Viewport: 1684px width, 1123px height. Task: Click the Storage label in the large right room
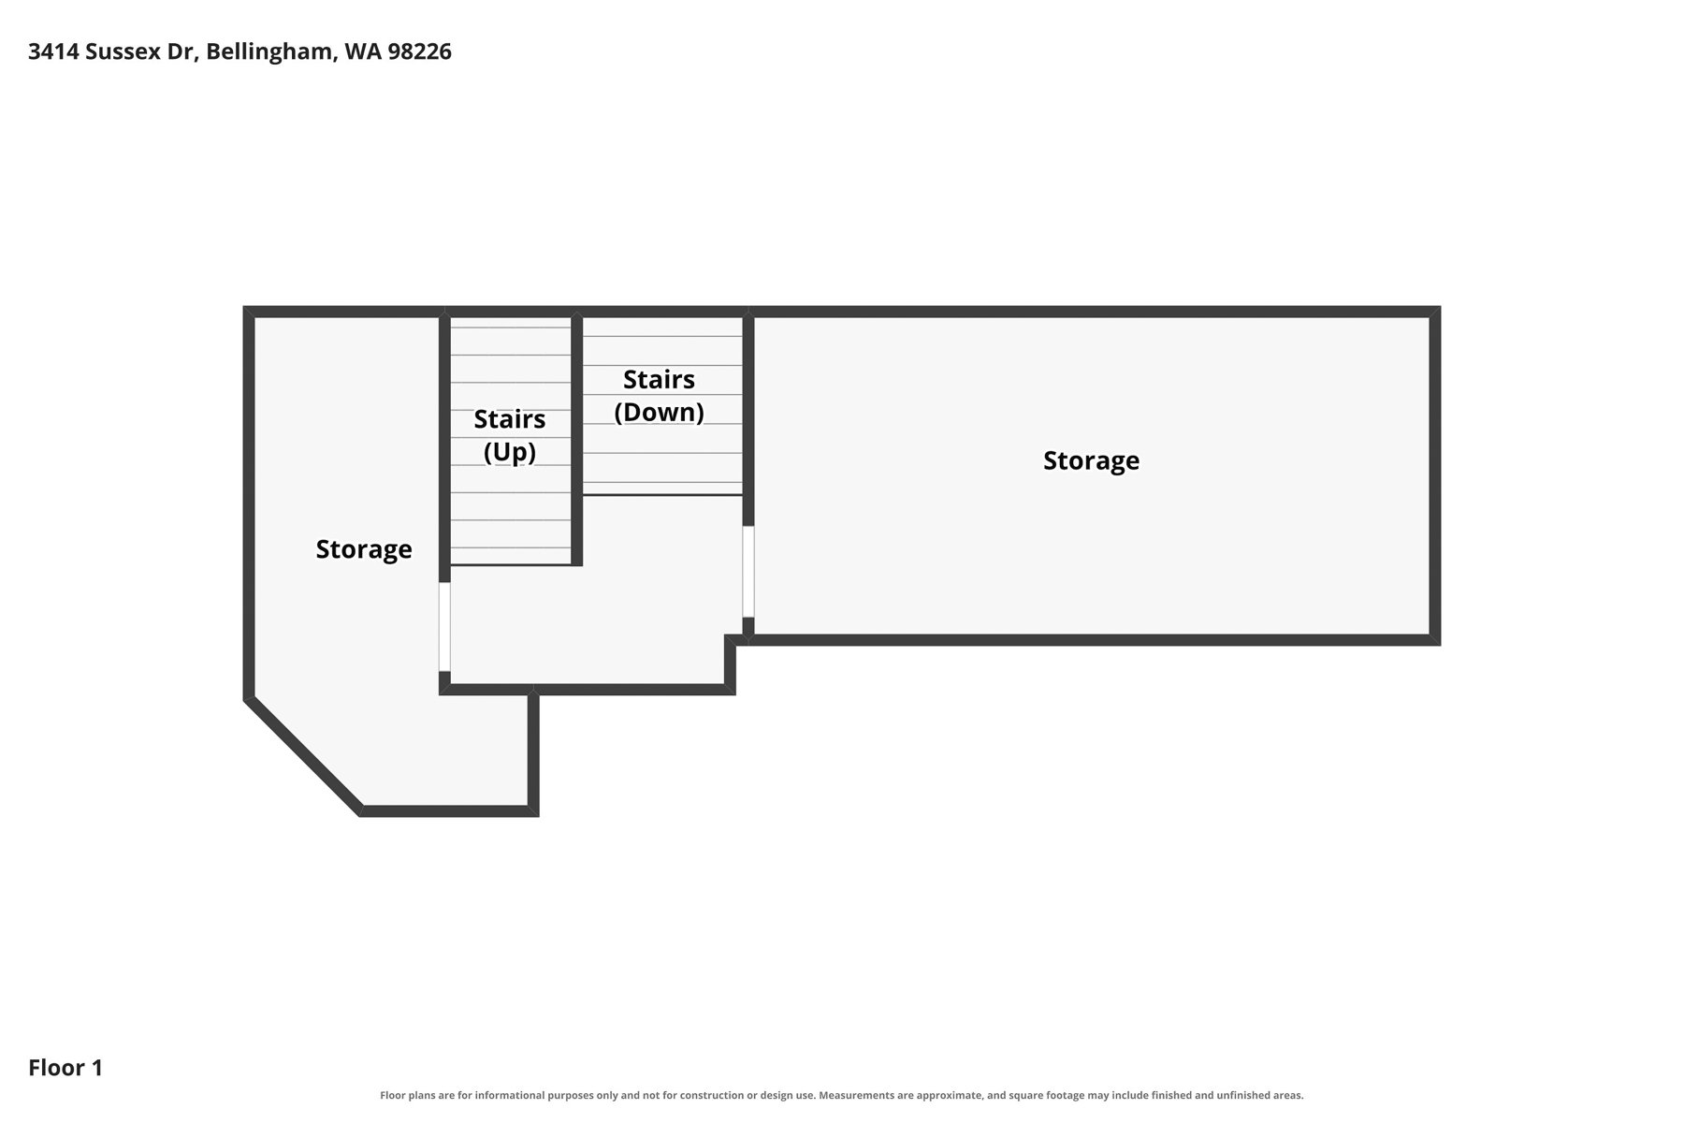click(x=1091, y=460)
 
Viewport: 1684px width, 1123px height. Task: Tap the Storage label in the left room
click(x=363, y=548)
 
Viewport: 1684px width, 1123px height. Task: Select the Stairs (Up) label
click(x=509, y=435)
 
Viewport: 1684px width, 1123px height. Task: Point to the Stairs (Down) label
click(x=659, y=396)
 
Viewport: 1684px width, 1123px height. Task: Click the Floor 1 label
click(x=65, y=1068)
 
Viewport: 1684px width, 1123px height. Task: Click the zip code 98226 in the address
click(x=419, y=51)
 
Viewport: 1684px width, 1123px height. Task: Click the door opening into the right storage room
click(x=748, y=571)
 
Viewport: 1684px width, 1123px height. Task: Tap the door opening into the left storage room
click(x=444, y=627)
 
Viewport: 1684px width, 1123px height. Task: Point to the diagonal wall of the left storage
click(x=303, y=756)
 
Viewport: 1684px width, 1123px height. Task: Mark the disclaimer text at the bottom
click(x=841, y=1095)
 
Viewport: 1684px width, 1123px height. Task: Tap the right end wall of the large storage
click(x=1435, y=475)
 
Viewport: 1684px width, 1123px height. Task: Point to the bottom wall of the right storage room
click(x=1095, y=640)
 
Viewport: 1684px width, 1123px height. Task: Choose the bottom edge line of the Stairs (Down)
click(x=663, y=494)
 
